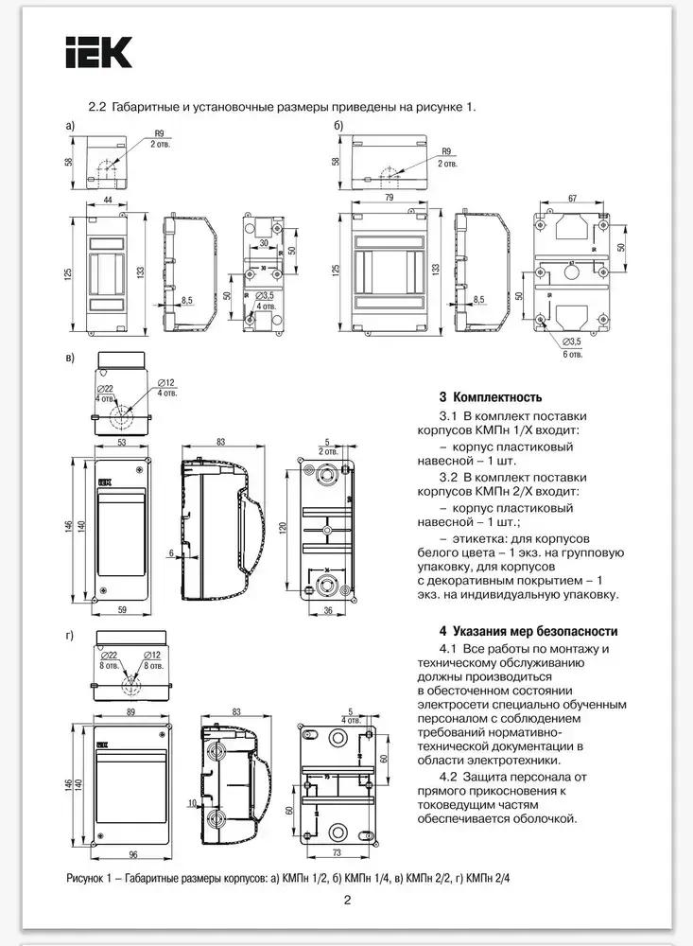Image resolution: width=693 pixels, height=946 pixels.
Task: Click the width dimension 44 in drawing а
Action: (108, 201)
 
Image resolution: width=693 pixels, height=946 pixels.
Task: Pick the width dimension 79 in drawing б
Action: (390, 198)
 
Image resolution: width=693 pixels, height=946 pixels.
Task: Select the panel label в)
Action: (69, 359)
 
